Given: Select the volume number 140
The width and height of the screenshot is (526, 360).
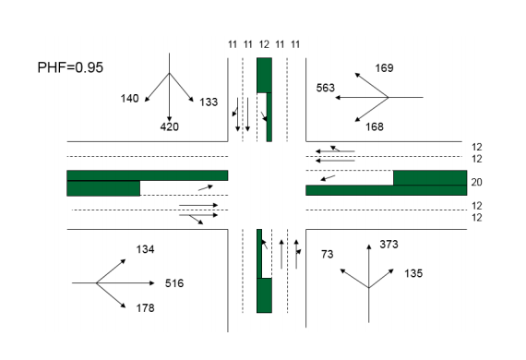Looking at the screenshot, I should (129, 98).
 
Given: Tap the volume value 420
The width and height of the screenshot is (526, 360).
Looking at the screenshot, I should (170, 126).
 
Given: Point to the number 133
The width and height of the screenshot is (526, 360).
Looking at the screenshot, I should (209, 102).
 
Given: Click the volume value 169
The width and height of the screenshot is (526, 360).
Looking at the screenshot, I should (384, 67).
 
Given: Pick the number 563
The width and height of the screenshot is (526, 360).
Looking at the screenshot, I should (325, 89).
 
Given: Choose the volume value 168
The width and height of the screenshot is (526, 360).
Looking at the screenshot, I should (374, 126).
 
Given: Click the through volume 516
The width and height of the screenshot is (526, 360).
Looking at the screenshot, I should (174, 282).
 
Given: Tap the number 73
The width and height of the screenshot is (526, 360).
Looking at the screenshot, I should (327, 253).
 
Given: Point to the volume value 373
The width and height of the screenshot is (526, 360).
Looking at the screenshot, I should (389, 245).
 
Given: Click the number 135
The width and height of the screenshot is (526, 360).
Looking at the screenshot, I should (413, 273).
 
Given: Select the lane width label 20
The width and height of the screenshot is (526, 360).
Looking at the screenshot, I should (476, 182).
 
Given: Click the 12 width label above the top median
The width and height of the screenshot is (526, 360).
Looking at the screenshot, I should (264, 43).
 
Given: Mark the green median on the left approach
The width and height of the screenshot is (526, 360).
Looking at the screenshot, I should (102, 182).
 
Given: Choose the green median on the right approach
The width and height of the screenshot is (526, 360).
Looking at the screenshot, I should (429, 184).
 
